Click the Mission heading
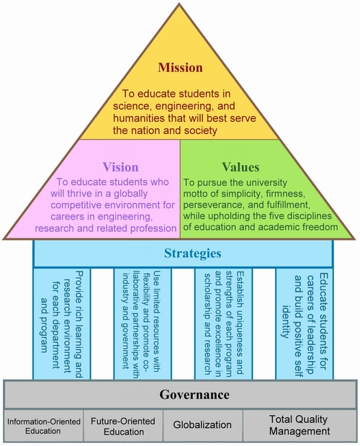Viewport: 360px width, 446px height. click(181, 68)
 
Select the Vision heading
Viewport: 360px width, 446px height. click(120, 167)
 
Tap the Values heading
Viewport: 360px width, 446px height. click(240, 167)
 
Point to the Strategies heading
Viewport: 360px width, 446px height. click(193, 253)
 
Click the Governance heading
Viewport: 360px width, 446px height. click(194, 395)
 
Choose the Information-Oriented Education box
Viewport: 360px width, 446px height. click(44, 426)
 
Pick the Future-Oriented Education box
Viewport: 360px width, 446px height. click(123, 426)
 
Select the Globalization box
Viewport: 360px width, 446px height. click(203, 426)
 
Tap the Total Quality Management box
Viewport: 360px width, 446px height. click(300, 426)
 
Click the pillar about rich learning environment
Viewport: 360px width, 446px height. click(62, 324)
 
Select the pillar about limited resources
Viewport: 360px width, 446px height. click(143, 324)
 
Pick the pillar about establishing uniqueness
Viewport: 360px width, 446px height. click(224, 324)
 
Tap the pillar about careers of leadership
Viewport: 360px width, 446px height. click(305, 324)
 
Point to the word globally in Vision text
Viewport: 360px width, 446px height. click(130, 194)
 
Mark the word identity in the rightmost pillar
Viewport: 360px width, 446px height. click(286, 321)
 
